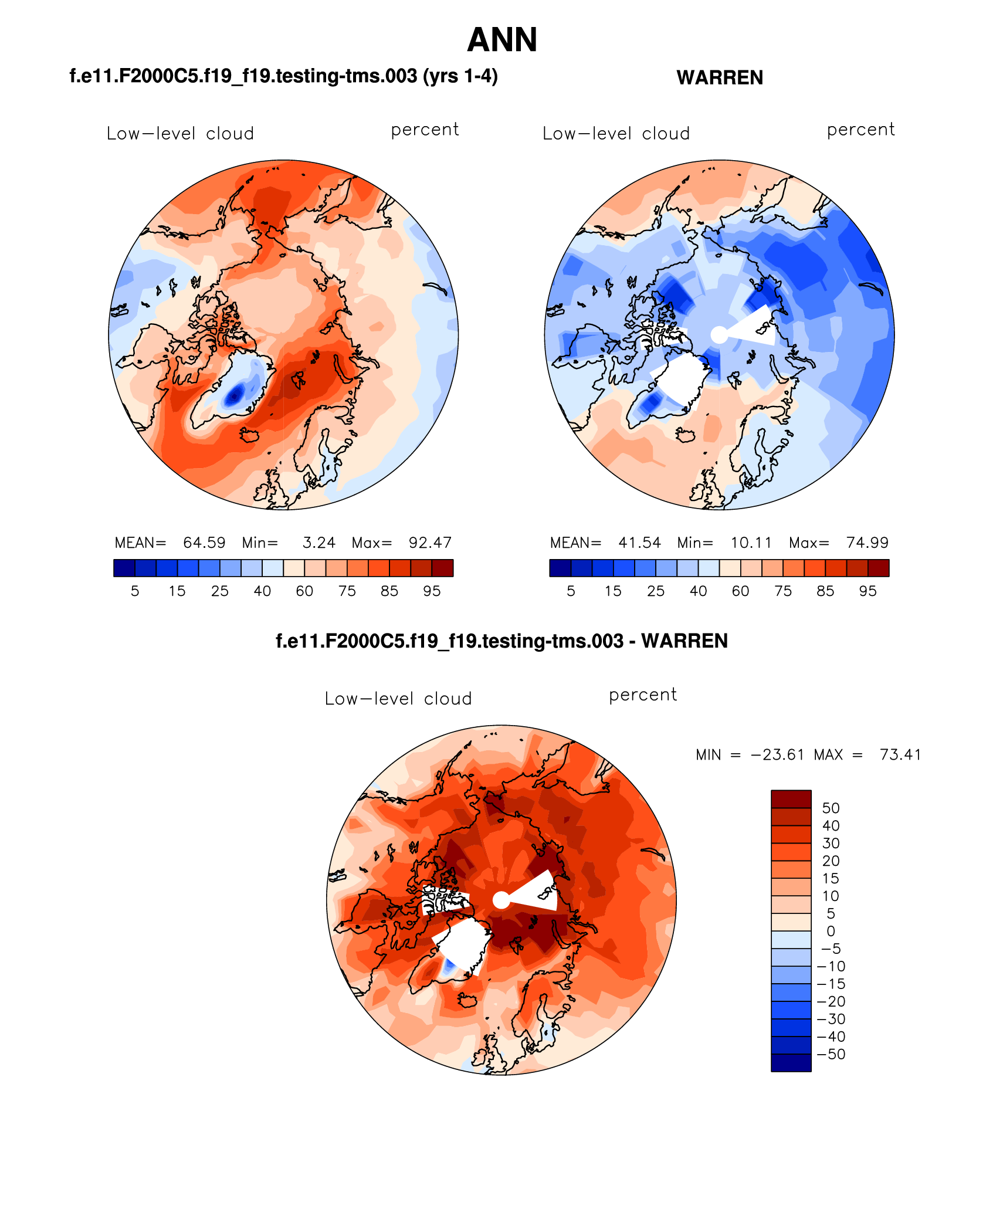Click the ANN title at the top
[x=502, y=40]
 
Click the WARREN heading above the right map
[x=720, y=77]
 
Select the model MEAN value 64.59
[x=204, y=543]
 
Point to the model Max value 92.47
[x=430, y=543]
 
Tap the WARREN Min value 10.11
[x=751, y=543]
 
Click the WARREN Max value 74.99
[x=867, y=543]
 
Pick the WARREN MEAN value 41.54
[x=639, y=543]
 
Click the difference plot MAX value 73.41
[x=900, y=755]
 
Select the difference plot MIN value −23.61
[x=777, y=755]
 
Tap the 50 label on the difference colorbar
[x=831, y=808]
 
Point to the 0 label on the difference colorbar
[x=831, y=932]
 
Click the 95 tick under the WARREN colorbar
[x=868, y=591]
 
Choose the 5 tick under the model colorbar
[x=135, y=591]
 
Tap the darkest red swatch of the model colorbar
[x=442, y=568]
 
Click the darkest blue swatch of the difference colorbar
[x=791, y=1062]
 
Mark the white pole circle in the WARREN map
[x=719, y=335]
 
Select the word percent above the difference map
[x=643, y=695]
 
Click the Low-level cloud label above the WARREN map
[x=616, y=134]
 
